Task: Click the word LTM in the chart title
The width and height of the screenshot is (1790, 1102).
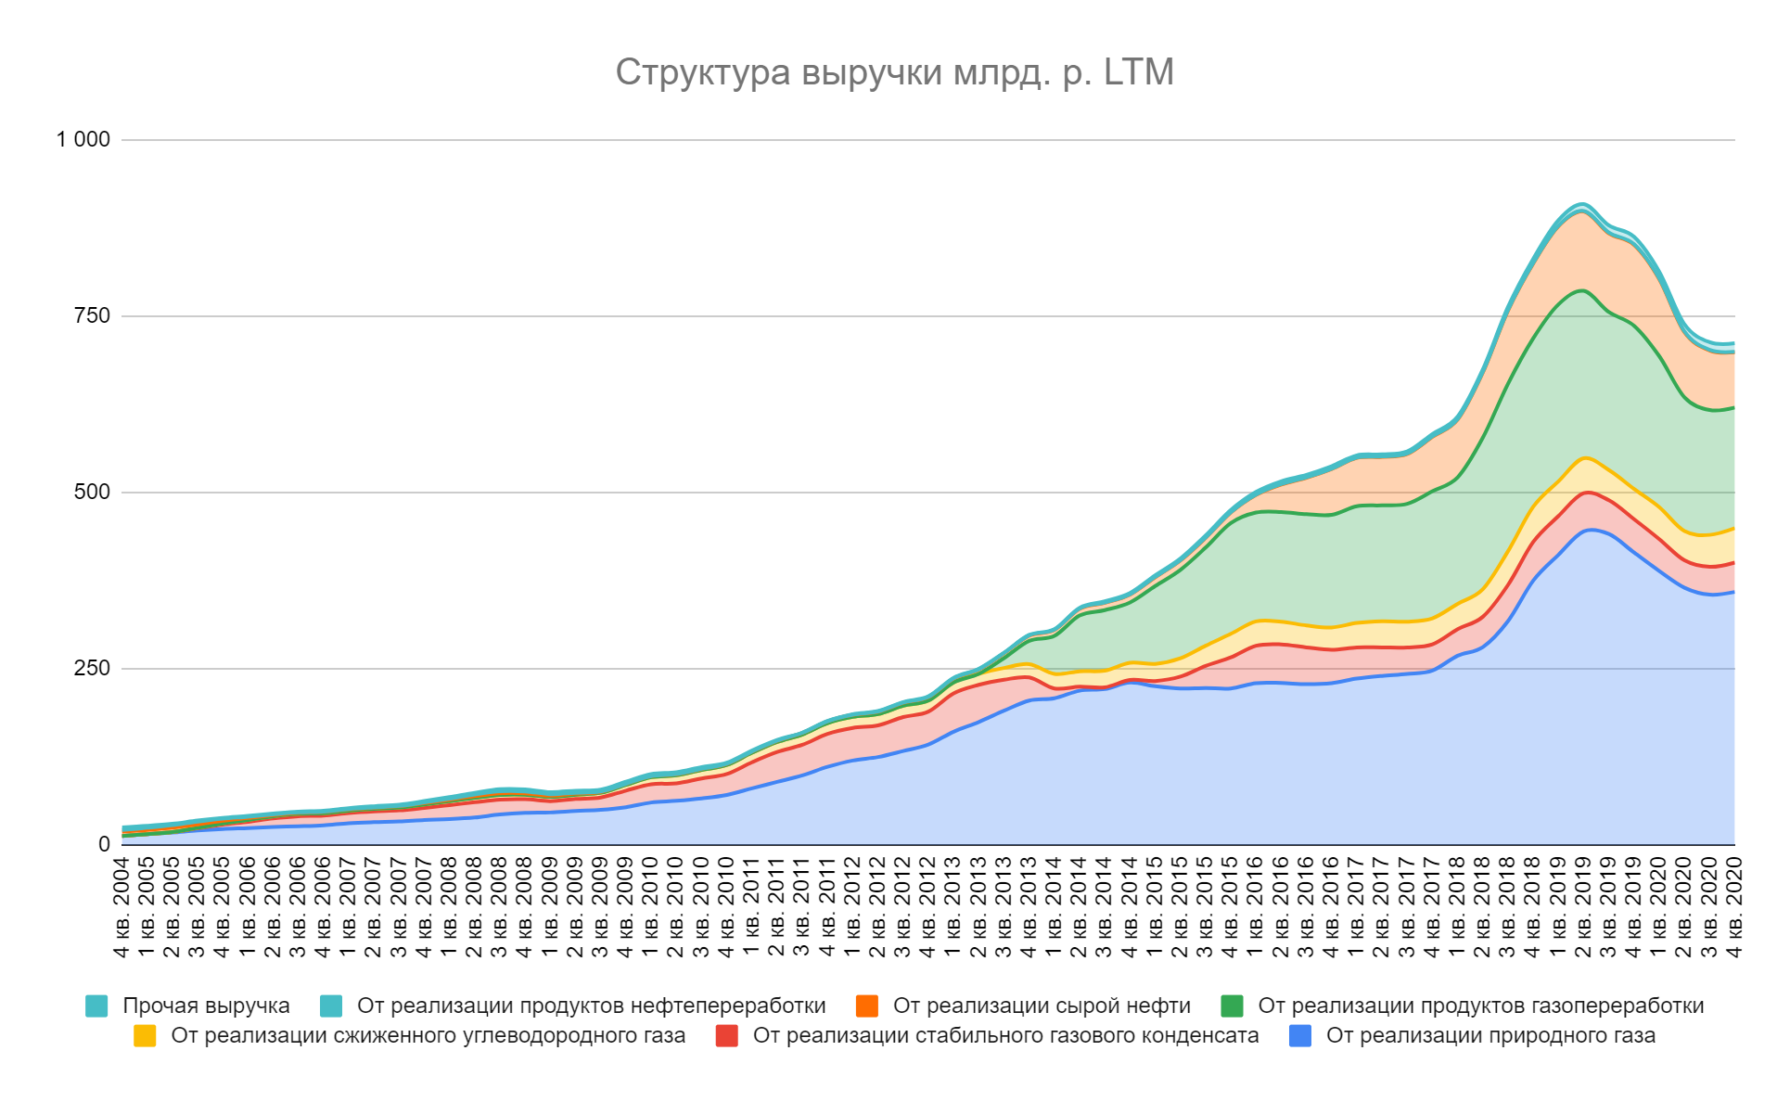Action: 1139,72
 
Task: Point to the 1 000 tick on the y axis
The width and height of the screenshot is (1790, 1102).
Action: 83,140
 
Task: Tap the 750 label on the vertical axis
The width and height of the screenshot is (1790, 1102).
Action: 92,316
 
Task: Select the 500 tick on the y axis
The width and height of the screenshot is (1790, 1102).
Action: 92,493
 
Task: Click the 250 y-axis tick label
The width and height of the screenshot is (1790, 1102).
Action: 92,669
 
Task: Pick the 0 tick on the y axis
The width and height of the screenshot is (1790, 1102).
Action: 104,845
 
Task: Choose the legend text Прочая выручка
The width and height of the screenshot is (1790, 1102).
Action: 206,1006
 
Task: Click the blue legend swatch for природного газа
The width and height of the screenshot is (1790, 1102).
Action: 1300,1036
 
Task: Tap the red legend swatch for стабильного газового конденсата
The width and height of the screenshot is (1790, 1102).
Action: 727,1036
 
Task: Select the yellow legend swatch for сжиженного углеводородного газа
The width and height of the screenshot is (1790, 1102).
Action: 145,1036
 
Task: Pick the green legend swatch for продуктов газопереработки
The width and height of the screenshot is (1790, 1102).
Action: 1232,1006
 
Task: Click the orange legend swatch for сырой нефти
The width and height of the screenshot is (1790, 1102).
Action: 867,1006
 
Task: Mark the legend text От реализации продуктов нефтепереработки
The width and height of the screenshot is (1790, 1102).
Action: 592,1006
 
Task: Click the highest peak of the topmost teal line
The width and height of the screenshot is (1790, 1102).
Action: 1583,203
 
